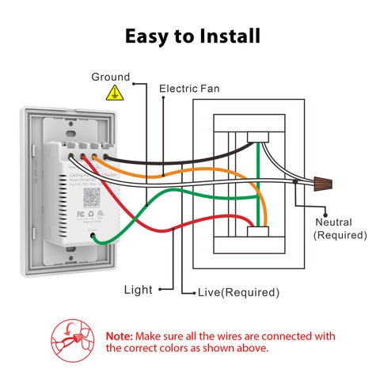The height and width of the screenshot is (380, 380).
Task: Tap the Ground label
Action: [x=110, y=77]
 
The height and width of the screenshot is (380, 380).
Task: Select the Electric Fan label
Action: [x=189, y=89]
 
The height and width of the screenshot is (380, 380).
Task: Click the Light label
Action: [x=138, y=290]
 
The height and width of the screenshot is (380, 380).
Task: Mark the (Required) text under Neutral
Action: [x=340, y=235]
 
